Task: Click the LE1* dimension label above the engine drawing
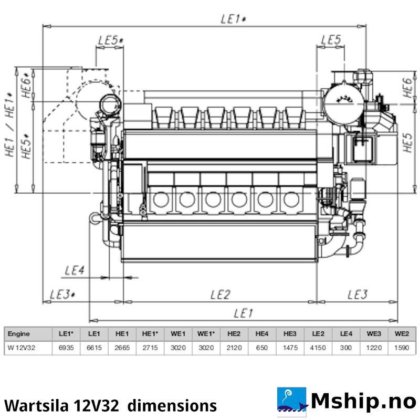pos(233,17)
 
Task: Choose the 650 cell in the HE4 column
pos(263,347)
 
